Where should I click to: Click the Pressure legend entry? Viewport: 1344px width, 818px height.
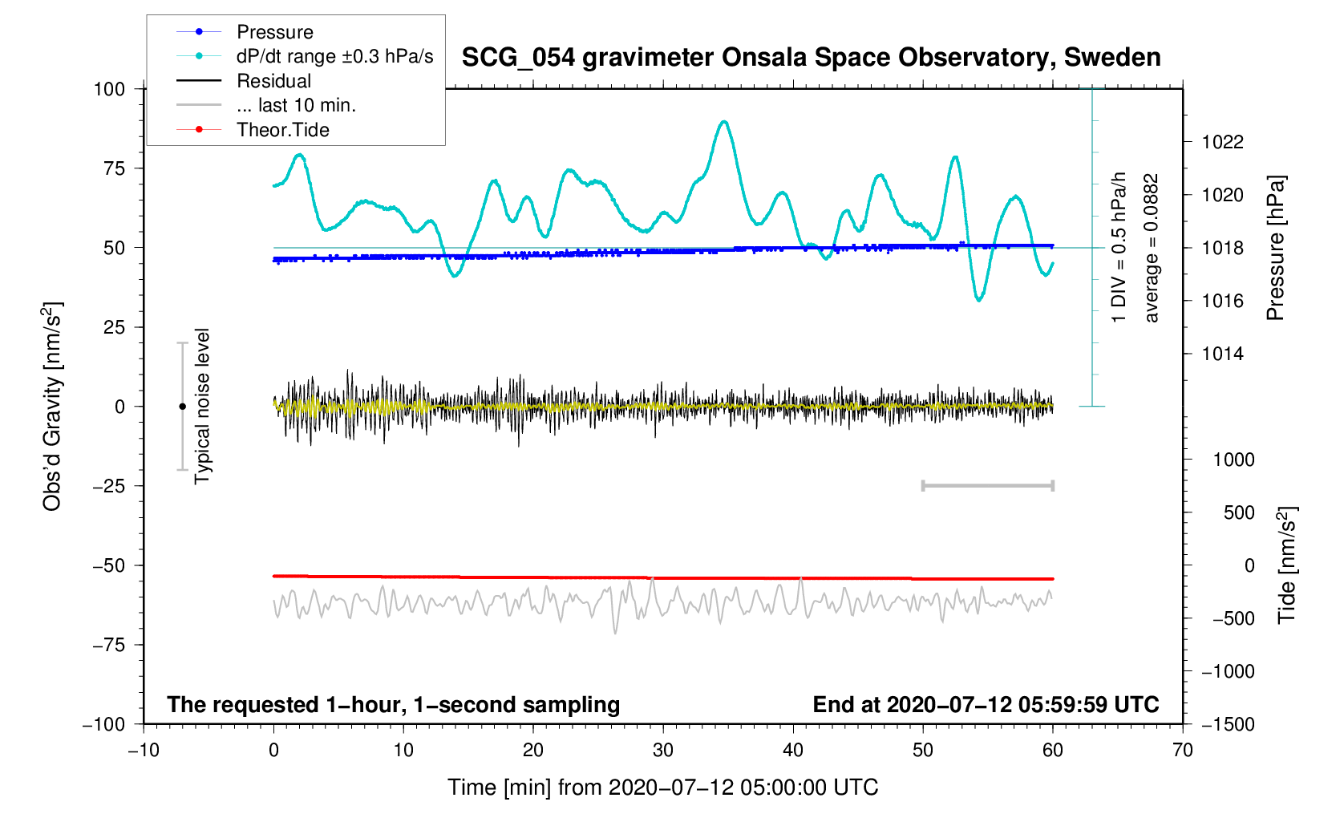[x=274, y=32]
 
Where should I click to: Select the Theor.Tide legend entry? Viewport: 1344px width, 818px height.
[x=282, y=130]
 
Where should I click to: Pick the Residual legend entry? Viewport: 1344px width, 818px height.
[x=273, y=81]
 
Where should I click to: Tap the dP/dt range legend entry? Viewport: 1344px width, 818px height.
[x=334, y=56]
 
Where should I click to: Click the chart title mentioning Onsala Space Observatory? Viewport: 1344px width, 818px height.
[x=811, y=58]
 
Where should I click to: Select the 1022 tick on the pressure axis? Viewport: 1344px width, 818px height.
[x=1222, y=143]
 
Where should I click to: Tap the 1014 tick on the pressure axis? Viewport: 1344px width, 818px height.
[x=1222, y=354]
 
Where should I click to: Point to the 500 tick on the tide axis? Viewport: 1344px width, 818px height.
[x=1238, y=512]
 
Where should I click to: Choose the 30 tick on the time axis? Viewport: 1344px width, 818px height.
[x=663, y=751]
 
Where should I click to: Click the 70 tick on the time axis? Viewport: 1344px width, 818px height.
[x=1182, y=751]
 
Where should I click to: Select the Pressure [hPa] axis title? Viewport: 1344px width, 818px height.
[x=1275, y=248]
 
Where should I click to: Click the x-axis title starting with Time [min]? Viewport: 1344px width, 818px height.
[x=662, y=788]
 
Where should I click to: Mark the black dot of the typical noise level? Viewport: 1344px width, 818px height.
[x=182, y=407]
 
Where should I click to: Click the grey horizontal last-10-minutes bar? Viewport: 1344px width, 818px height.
[x=988, y=486]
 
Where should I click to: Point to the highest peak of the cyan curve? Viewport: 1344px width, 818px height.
[x=724, y=122]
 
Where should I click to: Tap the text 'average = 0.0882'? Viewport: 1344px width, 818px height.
[x=1152, y=248]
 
